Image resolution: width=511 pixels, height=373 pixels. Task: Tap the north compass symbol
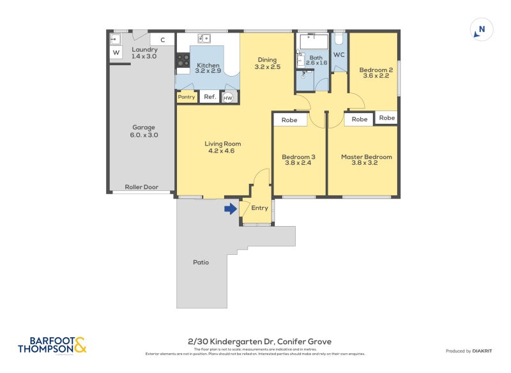click(482, 29)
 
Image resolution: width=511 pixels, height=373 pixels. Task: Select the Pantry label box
click(187, 97)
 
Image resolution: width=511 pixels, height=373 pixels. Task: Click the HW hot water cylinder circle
click(228, 98)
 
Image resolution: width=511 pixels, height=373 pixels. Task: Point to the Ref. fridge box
click(210, 97)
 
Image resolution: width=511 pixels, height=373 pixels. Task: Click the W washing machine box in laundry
click(116, 52)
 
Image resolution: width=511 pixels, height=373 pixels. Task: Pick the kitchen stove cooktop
click(183, 61)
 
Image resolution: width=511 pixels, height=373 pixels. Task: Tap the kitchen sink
click(204, 39)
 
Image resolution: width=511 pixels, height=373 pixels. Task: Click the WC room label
click(339, 55)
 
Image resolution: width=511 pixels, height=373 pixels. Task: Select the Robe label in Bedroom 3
click(290, 119)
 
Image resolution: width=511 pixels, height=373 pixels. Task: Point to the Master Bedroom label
click(366, 156)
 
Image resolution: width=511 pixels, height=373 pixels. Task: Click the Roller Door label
click(141, 187)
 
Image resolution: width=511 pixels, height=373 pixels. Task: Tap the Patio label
click(201, 262)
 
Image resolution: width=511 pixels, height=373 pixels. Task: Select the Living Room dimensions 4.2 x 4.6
click(222, 151)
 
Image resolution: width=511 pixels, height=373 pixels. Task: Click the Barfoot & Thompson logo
click(52, 346)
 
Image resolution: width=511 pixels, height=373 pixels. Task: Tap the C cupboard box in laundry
click(163, 40)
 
